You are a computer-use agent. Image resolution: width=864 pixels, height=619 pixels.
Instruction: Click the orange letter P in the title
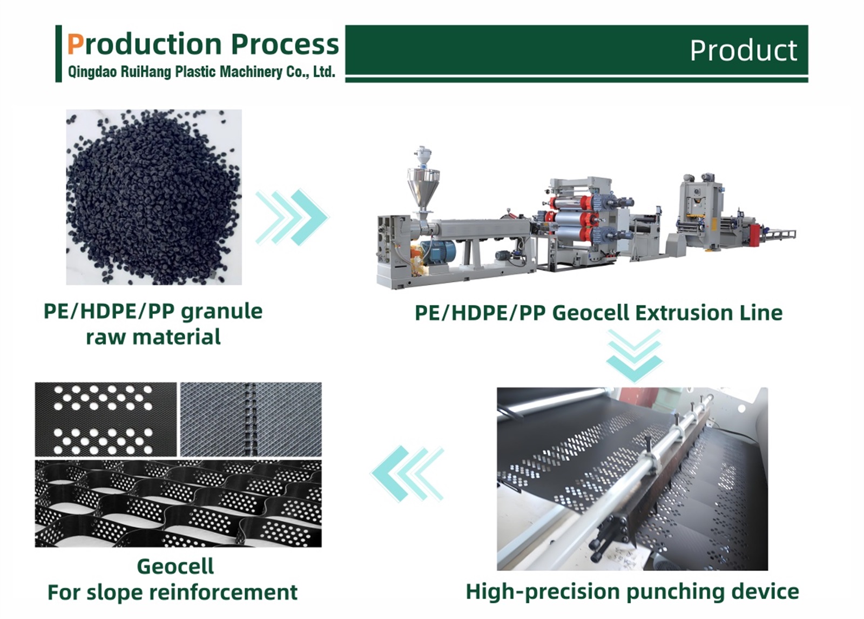(75, 44)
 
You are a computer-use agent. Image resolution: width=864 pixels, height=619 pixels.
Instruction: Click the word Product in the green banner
(743, 51)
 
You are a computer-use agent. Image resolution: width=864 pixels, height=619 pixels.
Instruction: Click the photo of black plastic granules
(154, 197)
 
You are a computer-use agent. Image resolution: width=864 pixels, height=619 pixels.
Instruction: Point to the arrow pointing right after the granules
(292, 217)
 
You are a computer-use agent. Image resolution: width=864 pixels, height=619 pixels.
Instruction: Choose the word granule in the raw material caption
(221, 312)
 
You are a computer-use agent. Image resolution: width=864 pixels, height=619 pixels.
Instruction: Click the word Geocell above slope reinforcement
(175, 566)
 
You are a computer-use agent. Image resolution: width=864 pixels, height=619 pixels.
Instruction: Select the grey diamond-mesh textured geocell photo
(251, 419)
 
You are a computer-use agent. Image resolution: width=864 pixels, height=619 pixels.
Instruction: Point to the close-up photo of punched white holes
(106, 419)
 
